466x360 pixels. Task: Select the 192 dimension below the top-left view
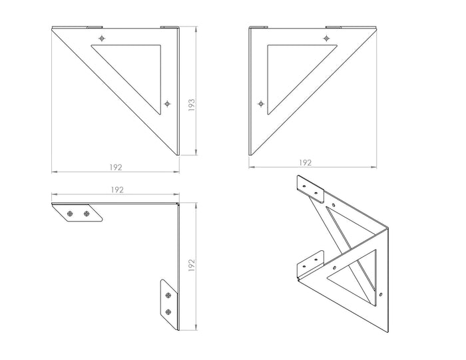point(115,166)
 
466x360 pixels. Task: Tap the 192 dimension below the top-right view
point(305,162)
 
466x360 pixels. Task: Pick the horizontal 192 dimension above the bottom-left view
point(117,190)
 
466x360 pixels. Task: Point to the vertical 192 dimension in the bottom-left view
point(192,266)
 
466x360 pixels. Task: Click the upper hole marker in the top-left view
point(101,39)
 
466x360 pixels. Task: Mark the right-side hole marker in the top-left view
point(167,104)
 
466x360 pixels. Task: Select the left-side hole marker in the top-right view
point(261,104)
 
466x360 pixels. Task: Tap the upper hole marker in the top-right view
point(328,39)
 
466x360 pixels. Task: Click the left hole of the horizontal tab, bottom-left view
point(70,214)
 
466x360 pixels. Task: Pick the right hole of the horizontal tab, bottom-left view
point(87,214)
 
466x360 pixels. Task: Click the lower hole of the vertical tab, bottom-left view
point(170,312)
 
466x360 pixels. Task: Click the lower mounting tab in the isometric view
point(308,264)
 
